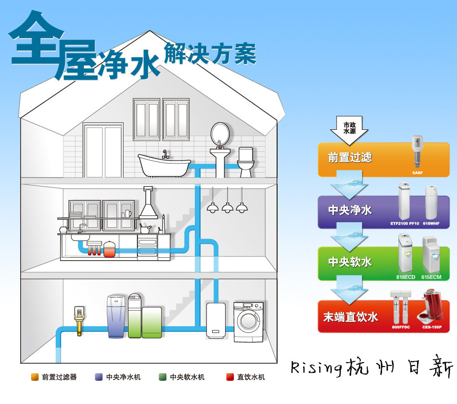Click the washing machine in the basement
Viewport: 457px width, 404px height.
(249, 322)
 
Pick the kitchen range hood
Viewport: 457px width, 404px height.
(148, 203)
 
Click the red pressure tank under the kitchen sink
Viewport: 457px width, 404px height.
(110, 249)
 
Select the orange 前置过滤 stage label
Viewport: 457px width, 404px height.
(350, 157)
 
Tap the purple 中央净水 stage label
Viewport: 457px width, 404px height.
(350, 210)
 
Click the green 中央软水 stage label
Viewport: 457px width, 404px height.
(350, 262)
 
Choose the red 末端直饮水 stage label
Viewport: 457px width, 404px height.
(350, 317)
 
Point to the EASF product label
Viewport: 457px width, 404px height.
(418, 173)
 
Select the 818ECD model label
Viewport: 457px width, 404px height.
(406, 277)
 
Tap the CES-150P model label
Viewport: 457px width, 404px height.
(432, 327)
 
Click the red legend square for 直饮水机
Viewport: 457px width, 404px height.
(230, 377)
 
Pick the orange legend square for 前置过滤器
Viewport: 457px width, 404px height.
(35, 377)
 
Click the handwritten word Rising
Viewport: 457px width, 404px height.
(317, 368)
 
